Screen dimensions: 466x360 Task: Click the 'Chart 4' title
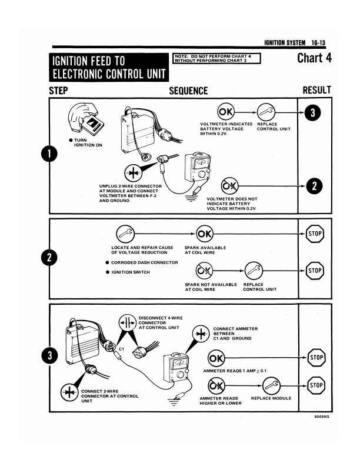[314, 58]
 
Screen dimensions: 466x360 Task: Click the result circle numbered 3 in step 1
[315, 113]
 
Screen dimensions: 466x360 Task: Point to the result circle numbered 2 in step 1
[315, 186]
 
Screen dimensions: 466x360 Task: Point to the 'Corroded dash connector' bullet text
[141, 262]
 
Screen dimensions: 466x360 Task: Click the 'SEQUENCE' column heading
[188, 91]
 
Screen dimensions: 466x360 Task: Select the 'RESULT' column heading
[316, 90]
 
